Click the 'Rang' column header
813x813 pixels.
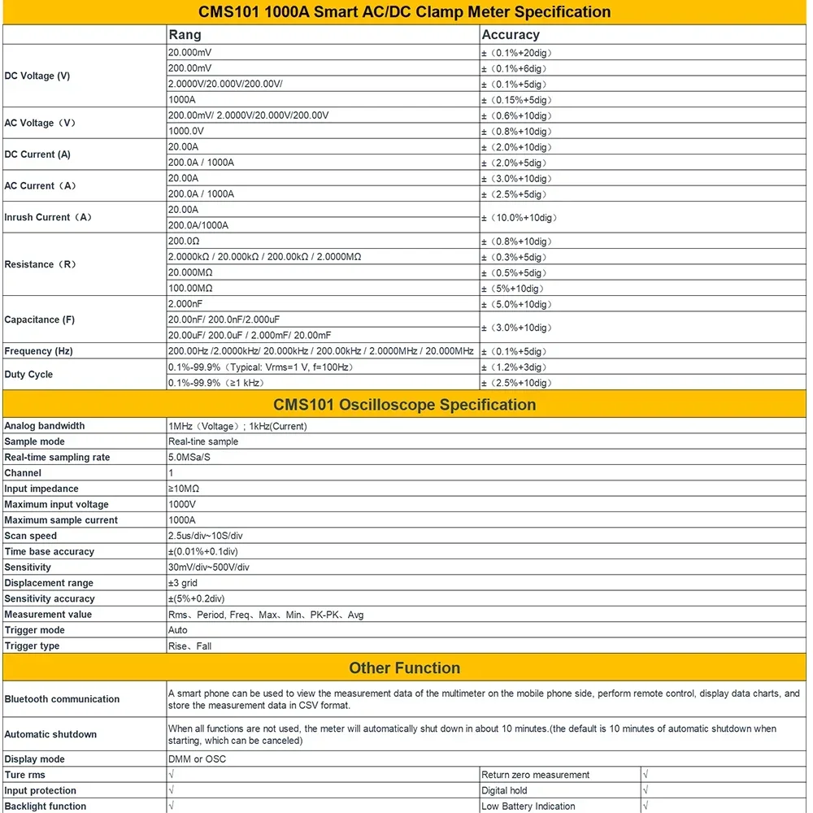[x=185, y=35]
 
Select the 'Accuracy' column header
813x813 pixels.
[x=511, y=35]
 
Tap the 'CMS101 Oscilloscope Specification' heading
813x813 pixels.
[x=405, y=405]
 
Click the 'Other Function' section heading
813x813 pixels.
[x=405, y=668]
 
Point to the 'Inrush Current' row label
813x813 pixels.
[x=48, y=217]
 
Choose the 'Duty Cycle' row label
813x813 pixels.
[x=28, y=375]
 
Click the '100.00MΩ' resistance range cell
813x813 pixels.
[x=190, y=289]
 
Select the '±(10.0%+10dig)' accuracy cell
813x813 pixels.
[x=520, y=218]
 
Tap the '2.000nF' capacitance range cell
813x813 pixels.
[x=185, y=304]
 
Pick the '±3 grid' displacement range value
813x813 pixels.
[x=183, y=583]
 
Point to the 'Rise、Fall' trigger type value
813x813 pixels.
[x=189, y=646]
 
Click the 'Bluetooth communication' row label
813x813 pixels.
[x=62, y=699]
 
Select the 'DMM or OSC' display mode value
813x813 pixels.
[x=197, y=759]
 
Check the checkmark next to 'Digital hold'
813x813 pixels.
[x=646, y=790]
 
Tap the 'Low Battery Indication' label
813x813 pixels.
[x=528, y=806]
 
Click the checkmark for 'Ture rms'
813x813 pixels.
[x=172, y=775]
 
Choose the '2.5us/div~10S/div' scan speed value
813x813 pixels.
[x=208, y=536]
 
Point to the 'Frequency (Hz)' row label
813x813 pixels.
[x=38, y=351]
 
